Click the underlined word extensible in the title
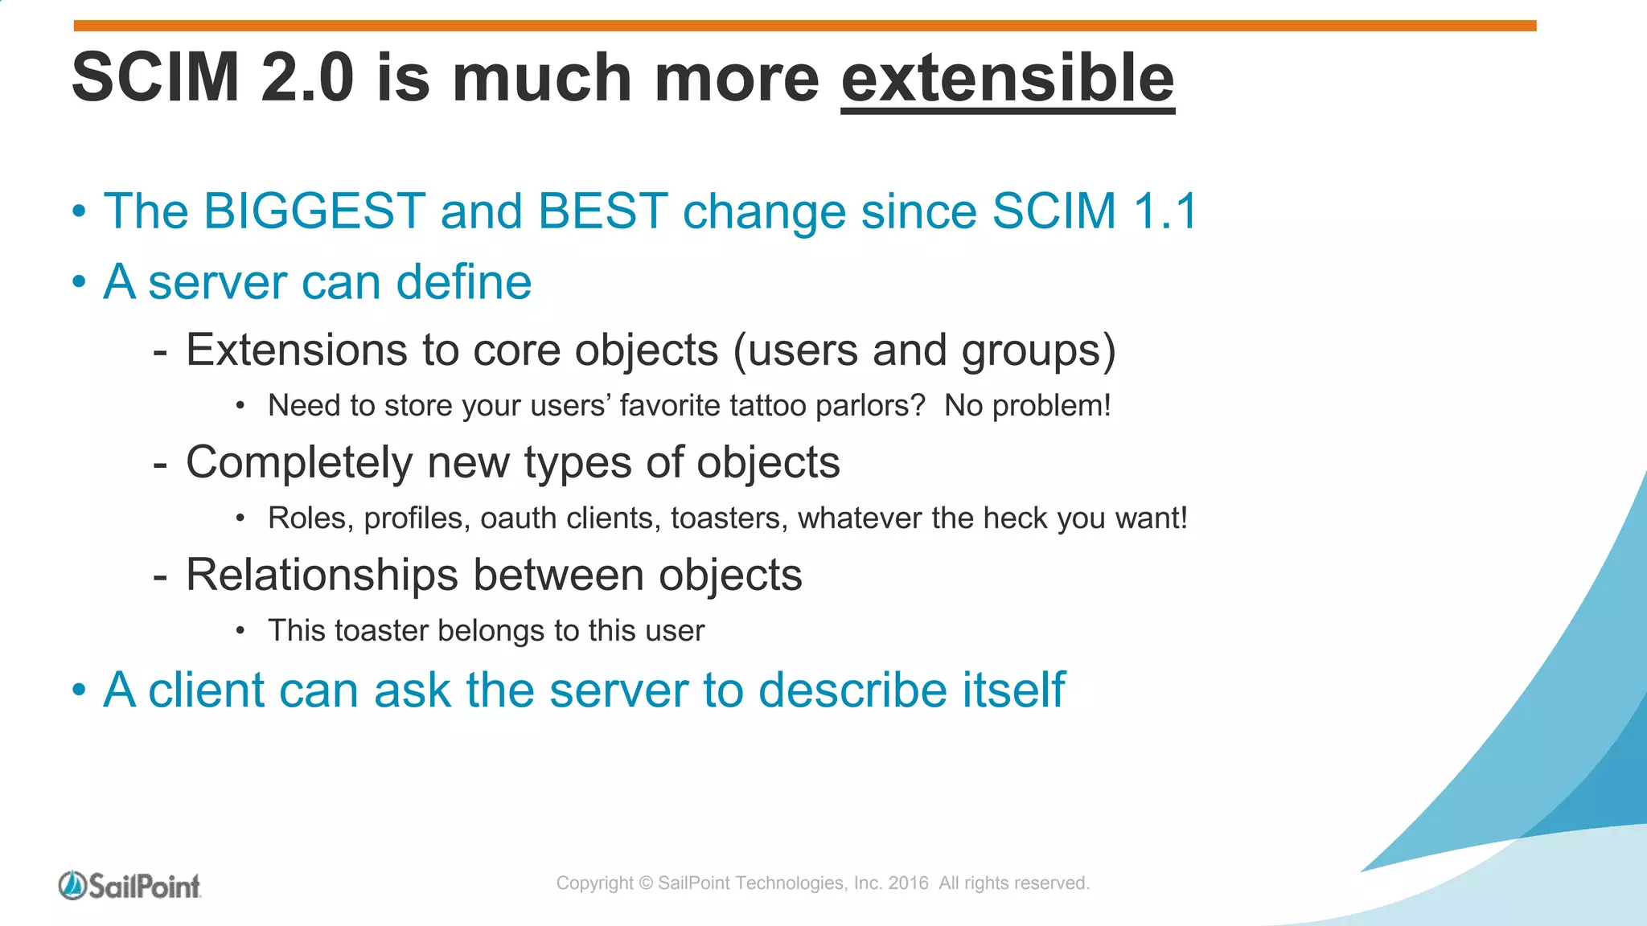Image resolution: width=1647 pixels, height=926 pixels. click(x=1007, y=79)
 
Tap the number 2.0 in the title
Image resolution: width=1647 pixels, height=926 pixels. click(x=307, y=79)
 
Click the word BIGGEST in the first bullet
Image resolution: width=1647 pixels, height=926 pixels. click(x=314, y=211)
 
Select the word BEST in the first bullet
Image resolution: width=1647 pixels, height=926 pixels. click(x=602, y=211)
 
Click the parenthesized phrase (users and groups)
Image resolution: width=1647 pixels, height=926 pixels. click(x=924, y=351)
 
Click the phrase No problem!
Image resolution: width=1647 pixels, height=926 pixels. click(x=1027, y=406)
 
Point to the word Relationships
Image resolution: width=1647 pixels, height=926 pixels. click(x=322, y=576)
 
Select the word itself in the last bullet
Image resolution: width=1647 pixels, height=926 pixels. click(x=1017, y=690)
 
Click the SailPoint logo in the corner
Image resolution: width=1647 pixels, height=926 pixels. click(x=129, y=886)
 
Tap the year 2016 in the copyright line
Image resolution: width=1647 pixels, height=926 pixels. click(x=908, y=883)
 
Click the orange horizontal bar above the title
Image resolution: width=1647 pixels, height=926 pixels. click(x=804, y=26)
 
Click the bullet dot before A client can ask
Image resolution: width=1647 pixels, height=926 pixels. click(x=79, y=690)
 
